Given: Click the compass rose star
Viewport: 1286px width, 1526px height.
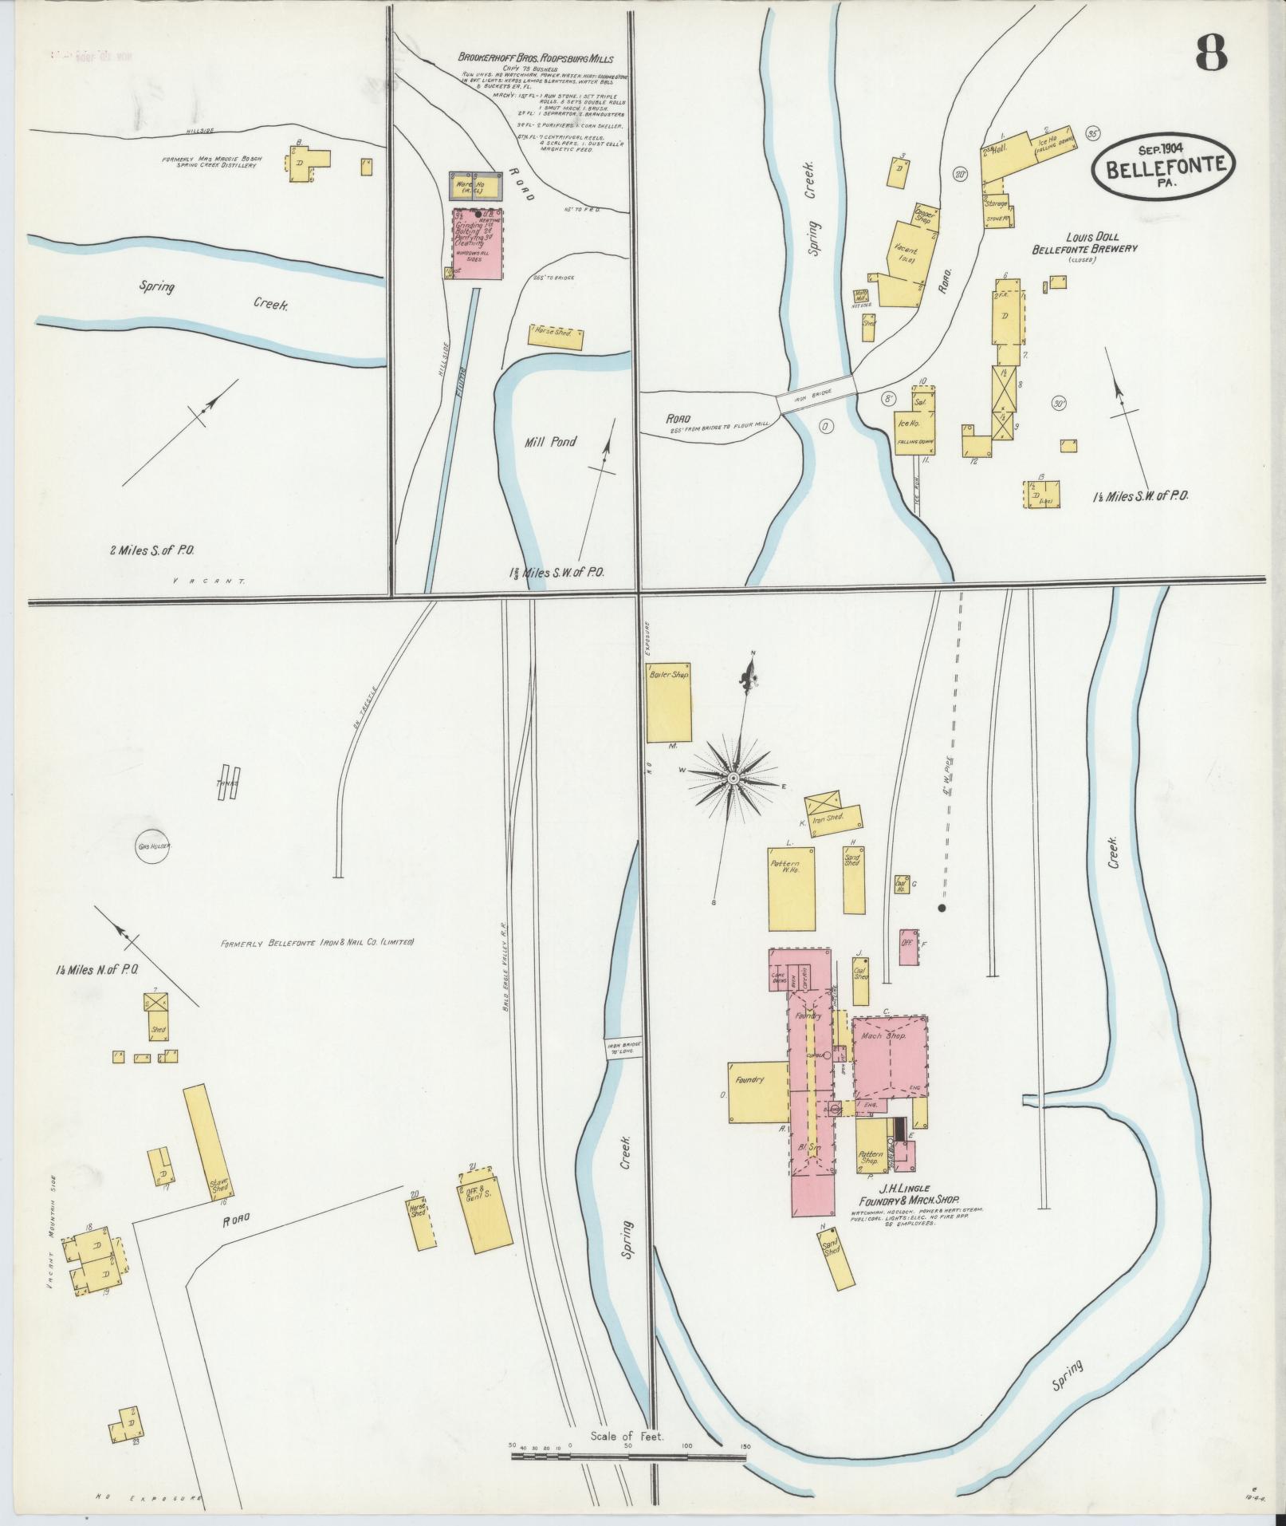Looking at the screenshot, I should pyautogui.click(x=732, y=776).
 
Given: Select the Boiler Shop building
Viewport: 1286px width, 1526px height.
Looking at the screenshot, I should pyautogui.click(x=668, y=703).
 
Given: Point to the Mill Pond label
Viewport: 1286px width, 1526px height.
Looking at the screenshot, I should pyautogui.click(x=551, y=441).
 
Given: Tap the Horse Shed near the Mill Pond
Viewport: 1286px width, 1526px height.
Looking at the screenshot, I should pyautogui.click(x=555, y=337).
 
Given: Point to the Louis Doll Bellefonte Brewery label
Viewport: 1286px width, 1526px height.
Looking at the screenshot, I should pyautogui.click(x=1084, y=243).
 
